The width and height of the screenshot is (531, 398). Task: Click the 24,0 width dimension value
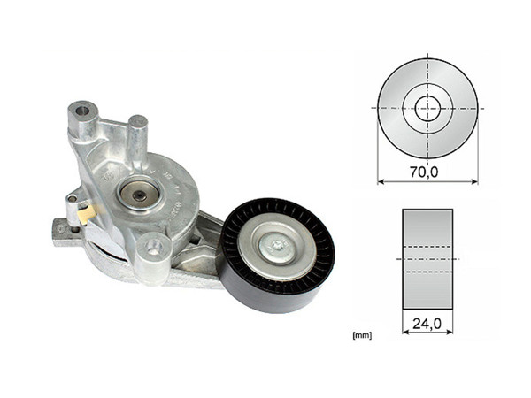pyautogui.click(x=427, y=325)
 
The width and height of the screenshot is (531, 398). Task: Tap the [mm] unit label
pyautogui.click(x=360, y=335)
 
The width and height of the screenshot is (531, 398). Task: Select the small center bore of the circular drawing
pyautogui.click(x=427, y=108)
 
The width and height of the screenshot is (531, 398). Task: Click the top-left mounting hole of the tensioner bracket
pyautogui.click(x=82, y=112)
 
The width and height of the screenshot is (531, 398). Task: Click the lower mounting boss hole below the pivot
pyautogui.click(x=155, y=249)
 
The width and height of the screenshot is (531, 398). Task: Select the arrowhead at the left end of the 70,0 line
pyautogui.click(x=381, y=182)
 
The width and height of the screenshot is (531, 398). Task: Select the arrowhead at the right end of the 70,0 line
pyautogui.click(x=473, y=182)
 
